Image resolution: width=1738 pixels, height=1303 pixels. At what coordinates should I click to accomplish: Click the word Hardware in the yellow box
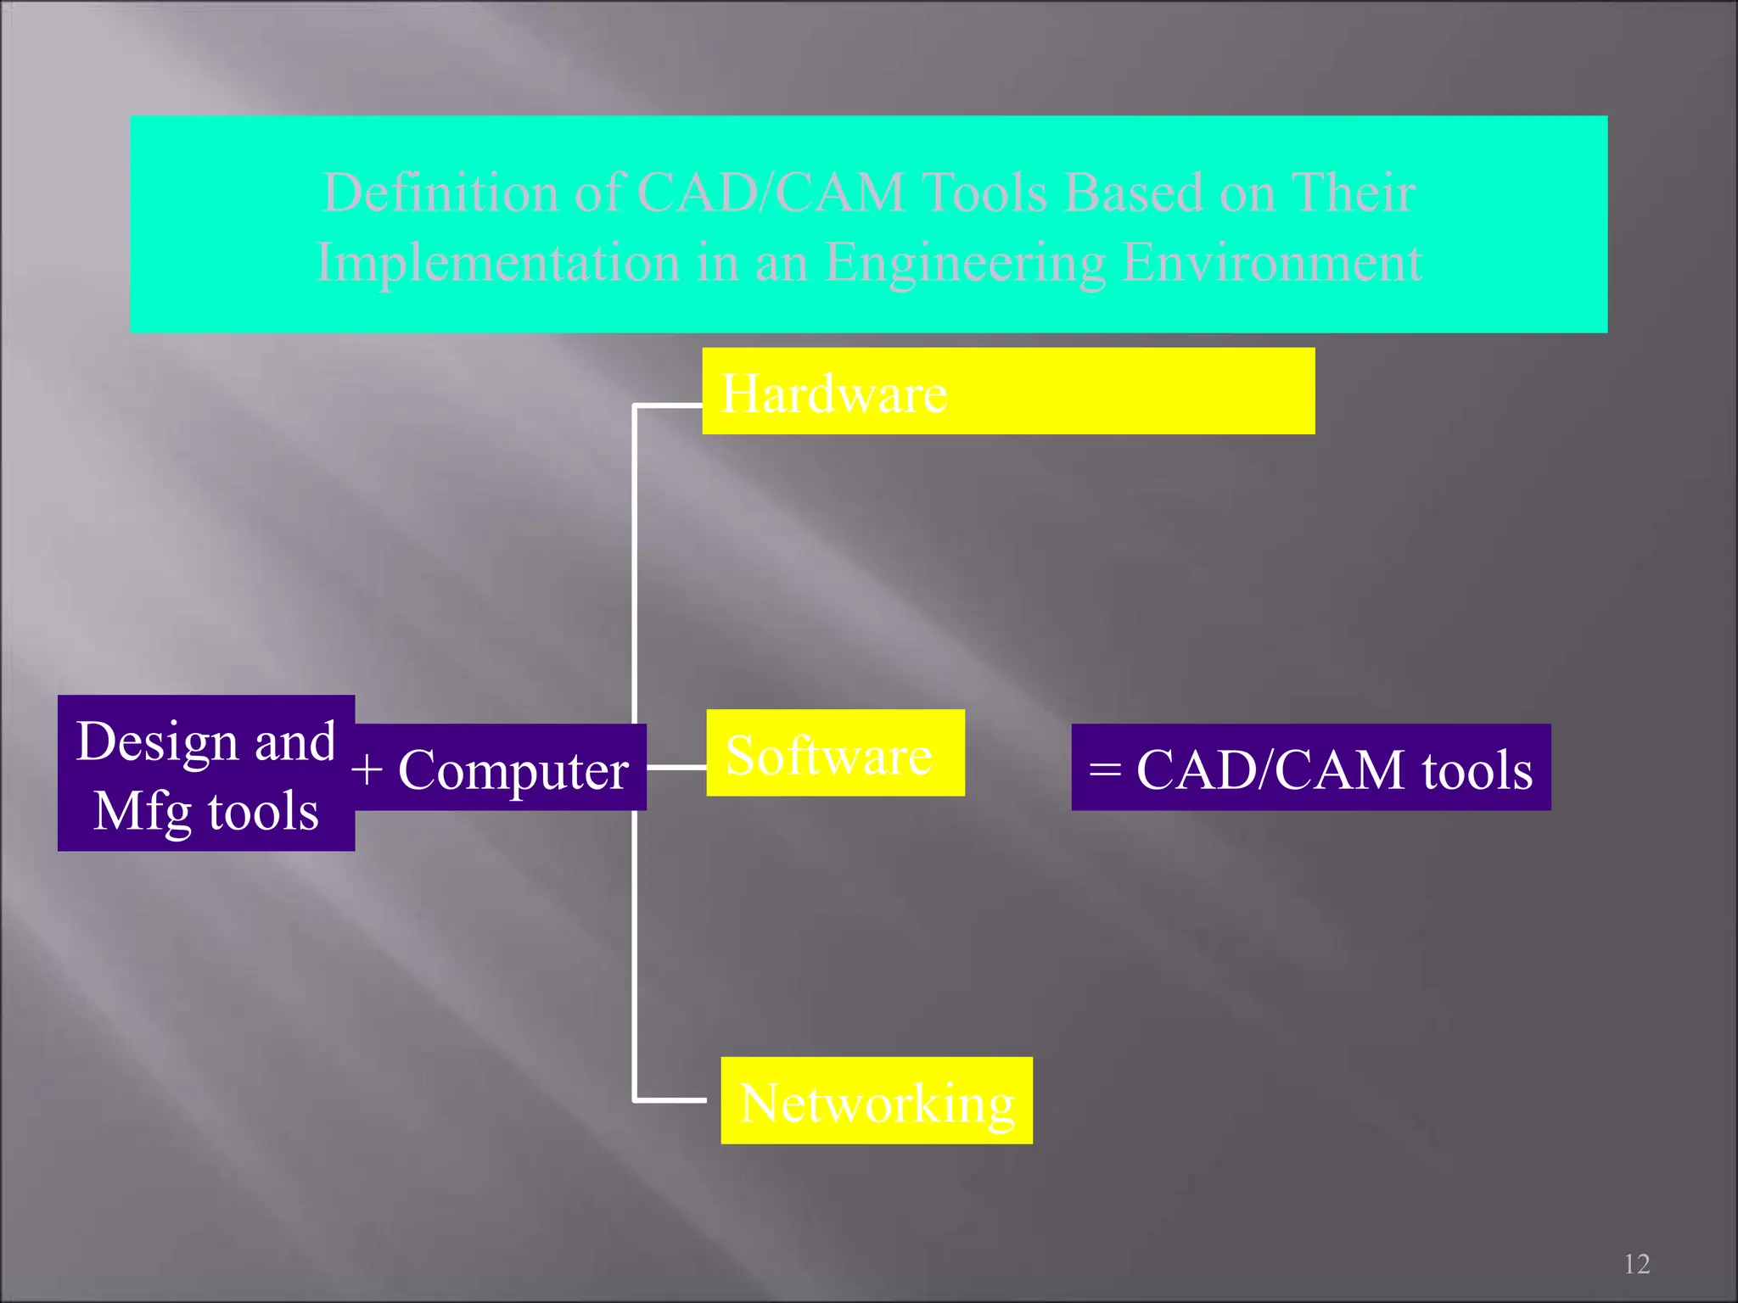click(x=833, y=394)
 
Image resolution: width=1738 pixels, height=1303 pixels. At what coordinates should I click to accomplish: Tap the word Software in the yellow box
click(x=828, y=756)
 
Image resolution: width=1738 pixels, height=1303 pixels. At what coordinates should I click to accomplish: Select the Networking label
click(x=877, y=1103)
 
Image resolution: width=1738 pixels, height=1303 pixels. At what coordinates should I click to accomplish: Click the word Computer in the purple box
click(x=513, y=770)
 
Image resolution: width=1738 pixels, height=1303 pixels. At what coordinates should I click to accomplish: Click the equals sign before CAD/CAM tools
click(x=1105, y=770)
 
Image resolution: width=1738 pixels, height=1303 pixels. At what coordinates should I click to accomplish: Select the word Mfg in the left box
click(x=143, y=812)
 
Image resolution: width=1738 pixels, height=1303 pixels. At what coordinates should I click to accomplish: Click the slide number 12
click(x=1636, y=1264)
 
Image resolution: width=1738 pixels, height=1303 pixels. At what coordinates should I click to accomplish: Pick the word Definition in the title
click(x=440, y=193)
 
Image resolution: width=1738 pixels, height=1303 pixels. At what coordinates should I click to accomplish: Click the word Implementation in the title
click(x=497, y=262)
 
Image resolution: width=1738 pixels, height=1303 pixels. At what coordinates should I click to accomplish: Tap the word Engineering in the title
click(x=965, y=262)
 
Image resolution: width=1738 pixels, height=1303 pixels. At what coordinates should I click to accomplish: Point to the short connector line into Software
click(x=676, y=767)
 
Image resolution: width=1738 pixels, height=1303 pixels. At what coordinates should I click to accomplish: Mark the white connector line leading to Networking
click(x=670, y=1100)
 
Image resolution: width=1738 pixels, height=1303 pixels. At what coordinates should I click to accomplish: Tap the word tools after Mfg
click(x=263, y=812)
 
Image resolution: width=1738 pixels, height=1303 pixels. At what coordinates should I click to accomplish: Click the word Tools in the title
click(x=984, y=193)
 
